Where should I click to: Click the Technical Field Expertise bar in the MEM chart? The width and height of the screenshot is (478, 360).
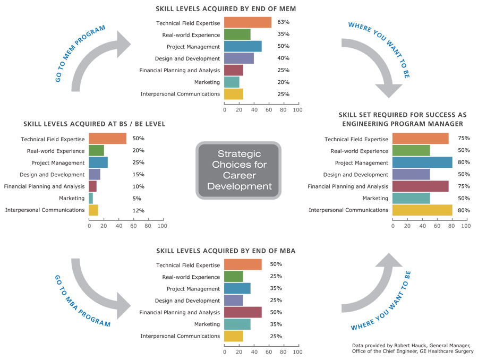click(247, 23)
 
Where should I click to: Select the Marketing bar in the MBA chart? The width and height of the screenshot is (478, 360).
click(237, 324)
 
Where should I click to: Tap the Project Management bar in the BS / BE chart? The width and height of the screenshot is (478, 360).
click(98, 162)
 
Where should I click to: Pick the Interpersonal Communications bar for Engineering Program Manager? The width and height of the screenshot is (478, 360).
click(422, 210)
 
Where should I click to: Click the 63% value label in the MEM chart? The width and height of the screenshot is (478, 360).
click(283, 23)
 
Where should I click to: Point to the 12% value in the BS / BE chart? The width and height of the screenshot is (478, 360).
click(139, 210)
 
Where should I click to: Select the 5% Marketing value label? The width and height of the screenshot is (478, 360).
click(136, 199)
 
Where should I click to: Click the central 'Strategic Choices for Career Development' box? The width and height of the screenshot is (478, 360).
click(238, 170)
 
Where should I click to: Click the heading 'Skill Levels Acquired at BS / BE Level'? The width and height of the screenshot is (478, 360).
click(94, 124)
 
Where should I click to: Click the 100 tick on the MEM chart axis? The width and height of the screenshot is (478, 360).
click(297, 110)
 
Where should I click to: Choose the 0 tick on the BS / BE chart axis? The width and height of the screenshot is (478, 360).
click(89, 226)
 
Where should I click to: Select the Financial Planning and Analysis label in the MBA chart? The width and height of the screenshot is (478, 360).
click(180, 313)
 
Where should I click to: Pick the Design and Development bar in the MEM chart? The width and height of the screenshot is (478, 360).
click(239, 58)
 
